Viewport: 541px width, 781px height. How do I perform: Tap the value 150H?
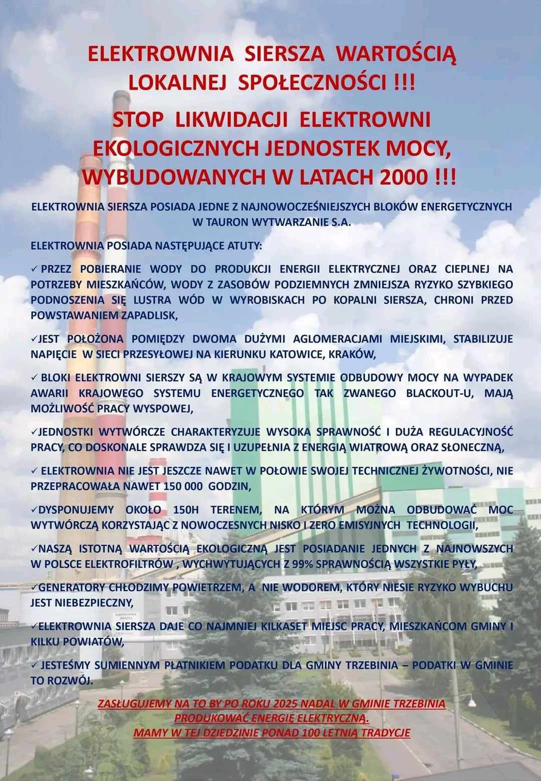(186, 510)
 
